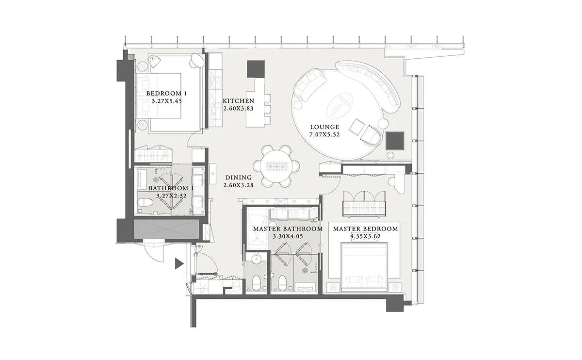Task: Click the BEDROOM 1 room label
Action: click(166, 93)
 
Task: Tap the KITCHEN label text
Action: click(239, 101)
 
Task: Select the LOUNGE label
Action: click(325, 127)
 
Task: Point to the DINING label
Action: click(239, 178)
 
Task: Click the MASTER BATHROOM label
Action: click(288, 229)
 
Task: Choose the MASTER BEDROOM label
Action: click(366, 229)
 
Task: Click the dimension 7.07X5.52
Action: click(324, 135)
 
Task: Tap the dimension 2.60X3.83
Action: click(239, 108)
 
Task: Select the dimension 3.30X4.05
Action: click(288, 237)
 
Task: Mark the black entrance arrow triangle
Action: click(179, 263)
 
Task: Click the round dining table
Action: click(276, 166)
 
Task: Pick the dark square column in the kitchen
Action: click(256, 69)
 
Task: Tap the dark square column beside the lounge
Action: click(395, 141)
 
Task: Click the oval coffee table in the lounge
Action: click(340, 106)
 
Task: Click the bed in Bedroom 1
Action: click(159, 96)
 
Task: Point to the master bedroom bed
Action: click(364, 266)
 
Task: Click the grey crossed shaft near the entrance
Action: click(166, 229)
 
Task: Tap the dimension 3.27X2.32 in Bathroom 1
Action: click(172, 196)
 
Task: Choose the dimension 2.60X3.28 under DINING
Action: click(239, 185)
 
